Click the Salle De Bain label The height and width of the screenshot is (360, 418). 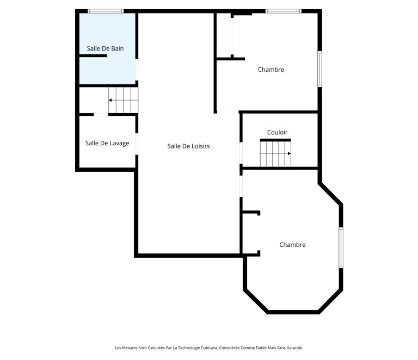click(x=105, y=48)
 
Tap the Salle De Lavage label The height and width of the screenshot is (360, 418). click(x=107, y=143)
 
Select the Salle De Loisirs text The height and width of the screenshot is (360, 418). click(x=188, y=146)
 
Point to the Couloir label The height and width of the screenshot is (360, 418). click(x=277, y=132)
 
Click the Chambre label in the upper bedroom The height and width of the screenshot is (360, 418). click(x=271, y=70)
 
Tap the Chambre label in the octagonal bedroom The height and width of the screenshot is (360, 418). click(x=292, y=245)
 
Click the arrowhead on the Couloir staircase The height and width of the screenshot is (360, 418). click(x=289, y=154)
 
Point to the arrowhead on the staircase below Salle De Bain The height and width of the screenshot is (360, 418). click(x=110, y=100)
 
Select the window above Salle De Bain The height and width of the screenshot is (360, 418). click(x=106, y=11)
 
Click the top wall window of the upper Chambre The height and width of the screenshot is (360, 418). click(x=284, y=11)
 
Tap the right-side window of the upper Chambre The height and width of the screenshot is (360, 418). click(x=320, y=69)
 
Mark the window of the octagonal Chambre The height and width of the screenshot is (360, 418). click(x=341, y=247)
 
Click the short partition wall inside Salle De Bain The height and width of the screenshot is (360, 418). click(x=93, y=55)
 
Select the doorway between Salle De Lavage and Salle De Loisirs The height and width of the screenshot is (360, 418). click(x=137, y=144)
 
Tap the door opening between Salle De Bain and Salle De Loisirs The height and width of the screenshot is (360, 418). click(x=137, y=70)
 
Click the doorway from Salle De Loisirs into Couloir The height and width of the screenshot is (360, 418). click(x=241, y=153)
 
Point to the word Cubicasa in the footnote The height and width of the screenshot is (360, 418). click(x=209, y=347)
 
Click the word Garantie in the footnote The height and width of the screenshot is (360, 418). click(x=295, y=347)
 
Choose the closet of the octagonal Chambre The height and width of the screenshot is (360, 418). click(x=250, y=233)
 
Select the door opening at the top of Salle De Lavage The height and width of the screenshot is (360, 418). click(x=101, y=115)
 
